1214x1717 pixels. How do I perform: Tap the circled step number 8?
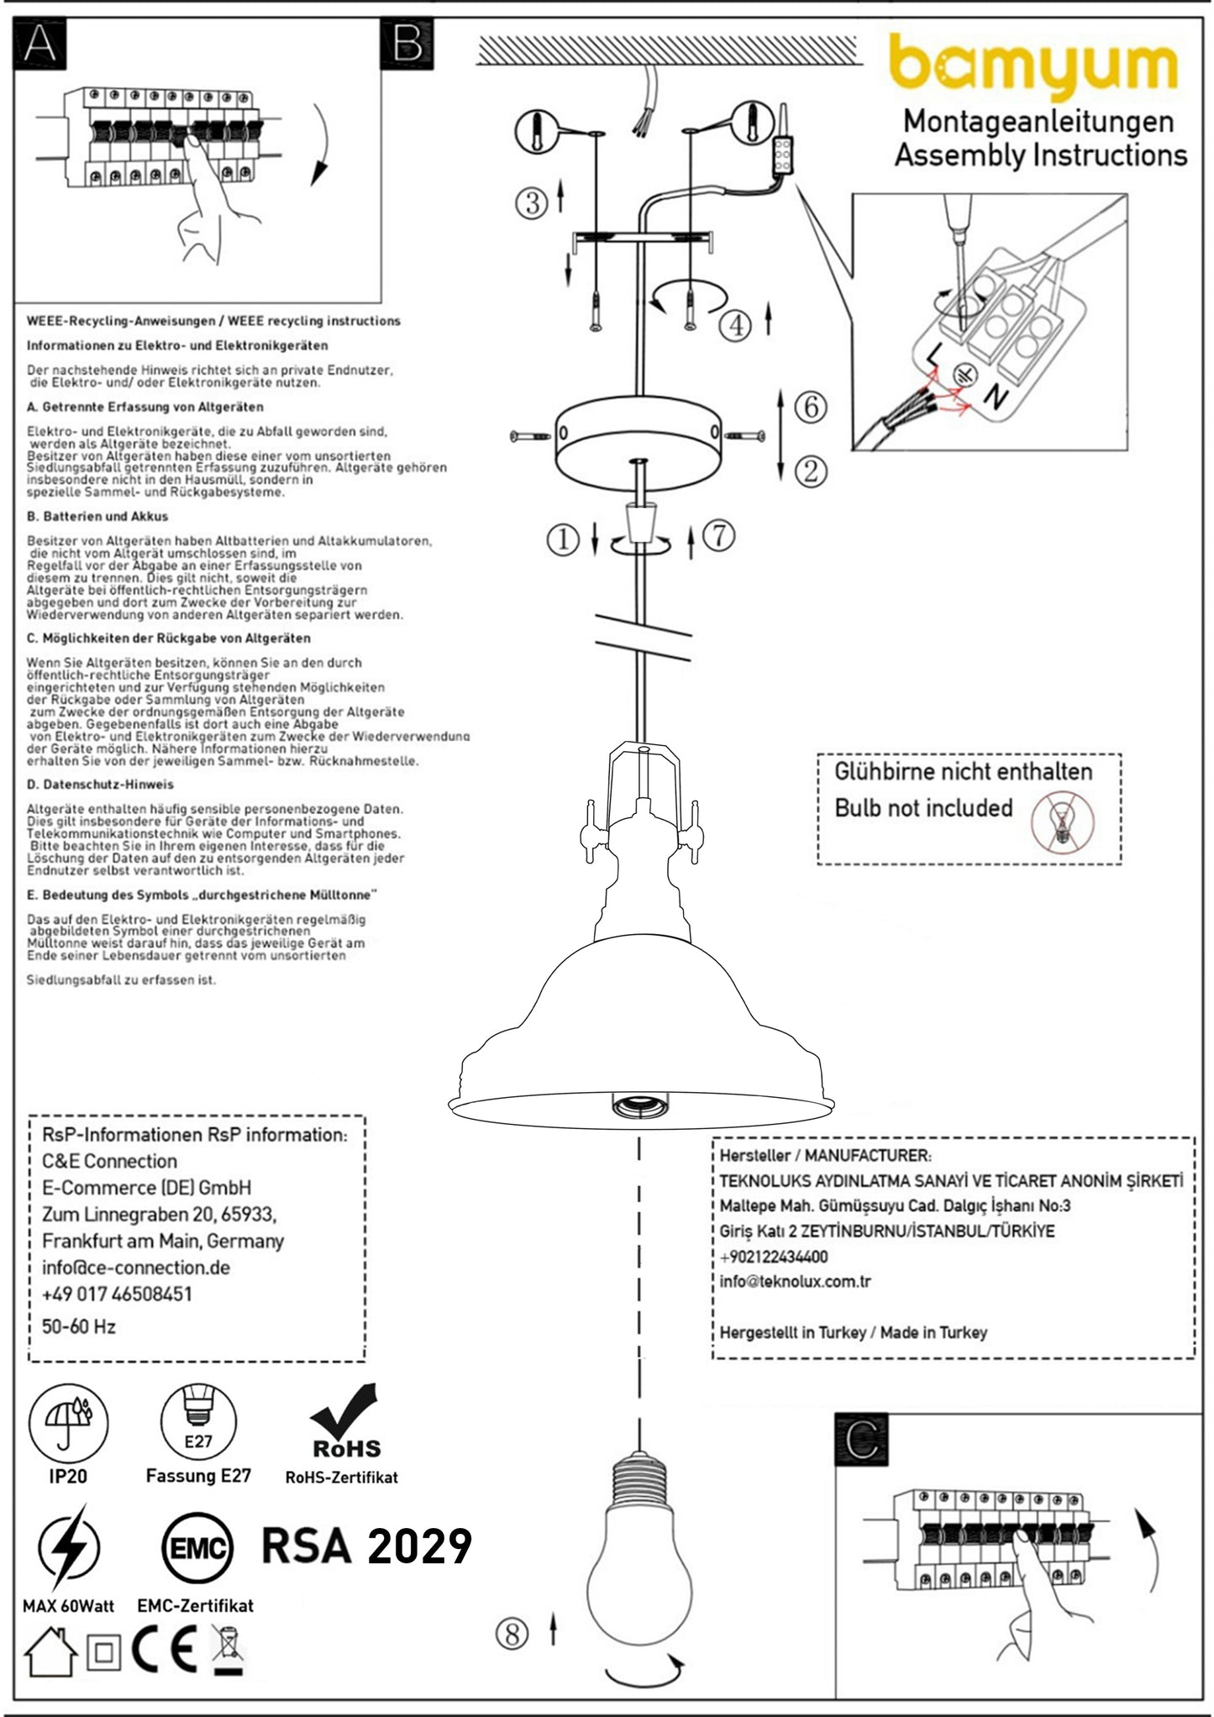(512, 1650)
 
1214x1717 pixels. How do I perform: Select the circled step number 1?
(563, 538)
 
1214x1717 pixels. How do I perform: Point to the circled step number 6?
(810, 407)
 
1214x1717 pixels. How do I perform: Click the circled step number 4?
(736, 324)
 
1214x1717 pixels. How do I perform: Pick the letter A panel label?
(39, 44)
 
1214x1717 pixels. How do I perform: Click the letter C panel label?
(861, 1441)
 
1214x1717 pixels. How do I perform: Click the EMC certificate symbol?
(197, 1547)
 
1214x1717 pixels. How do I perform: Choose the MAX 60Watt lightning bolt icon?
(68, 1547)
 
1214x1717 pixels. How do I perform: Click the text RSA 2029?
(367, 1546)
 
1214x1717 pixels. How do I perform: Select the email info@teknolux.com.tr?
(795, 1281)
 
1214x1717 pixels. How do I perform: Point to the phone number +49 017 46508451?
(117, 1294)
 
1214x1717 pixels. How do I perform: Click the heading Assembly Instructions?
(1040, 155)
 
